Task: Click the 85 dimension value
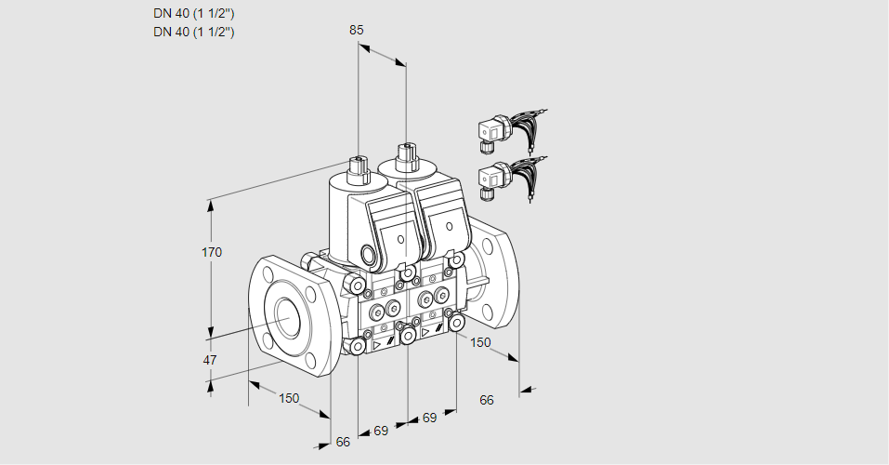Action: coord(356,30)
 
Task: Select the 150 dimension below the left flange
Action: coord(289,398)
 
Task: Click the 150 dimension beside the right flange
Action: coord(479,342)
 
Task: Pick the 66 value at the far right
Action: coord(487,400)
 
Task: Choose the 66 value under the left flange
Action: coord(343,442)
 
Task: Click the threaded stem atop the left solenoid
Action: coord(357,170)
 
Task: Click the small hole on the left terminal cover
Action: coord(400,240)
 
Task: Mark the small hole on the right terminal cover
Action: coord(450,226)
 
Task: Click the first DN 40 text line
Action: coord(193,13)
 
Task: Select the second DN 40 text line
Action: coord(193,32)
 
